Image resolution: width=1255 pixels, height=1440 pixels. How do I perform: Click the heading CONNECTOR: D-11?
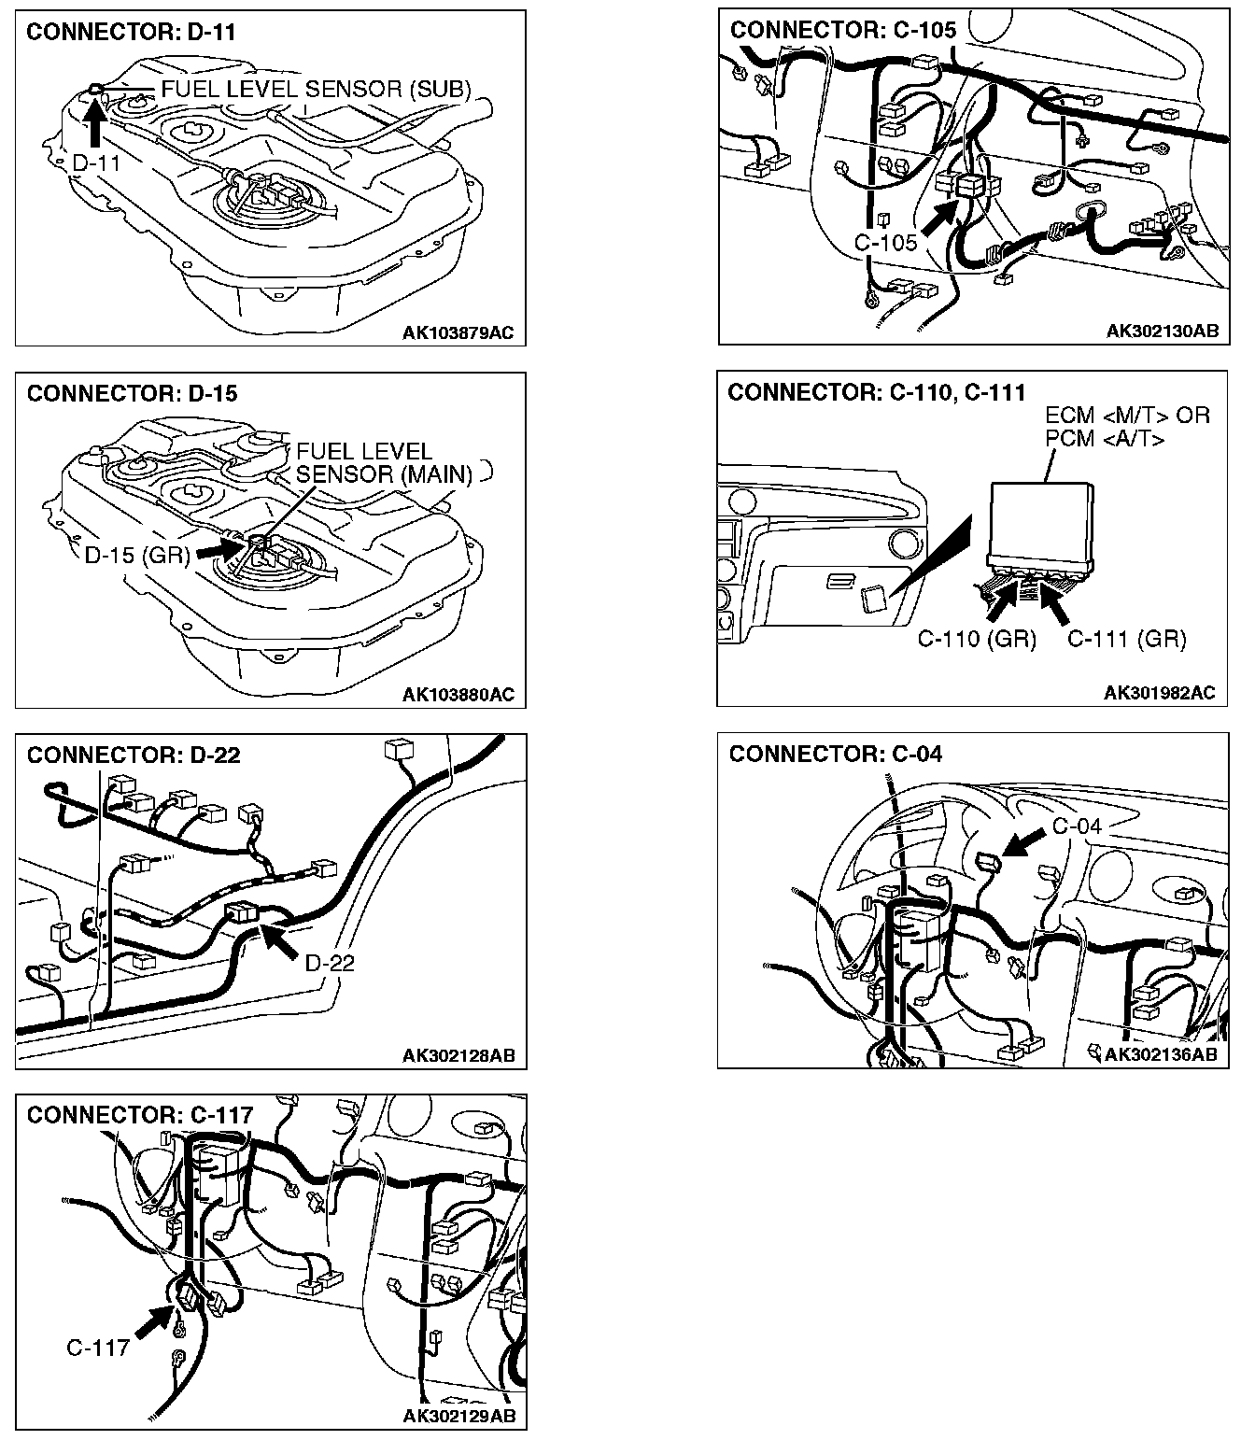132,33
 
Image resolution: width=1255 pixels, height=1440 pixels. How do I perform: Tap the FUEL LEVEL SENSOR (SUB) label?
316,90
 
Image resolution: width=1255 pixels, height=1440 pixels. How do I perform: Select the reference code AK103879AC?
458,332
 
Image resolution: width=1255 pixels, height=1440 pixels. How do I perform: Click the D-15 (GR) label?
136,556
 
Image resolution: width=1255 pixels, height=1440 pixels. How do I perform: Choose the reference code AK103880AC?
458,695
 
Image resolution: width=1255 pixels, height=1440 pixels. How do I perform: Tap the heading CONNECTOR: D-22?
134,755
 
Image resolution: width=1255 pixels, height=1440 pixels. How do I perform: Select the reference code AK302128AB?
458,1056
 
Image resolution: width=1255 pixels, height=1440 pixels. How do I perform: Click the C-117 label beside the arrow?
97,1348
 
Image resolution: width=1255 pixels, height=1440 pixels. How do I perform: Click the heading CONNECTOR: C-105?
843,30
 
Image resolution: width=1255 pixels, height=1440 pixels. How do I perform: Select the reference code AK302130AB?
1162,331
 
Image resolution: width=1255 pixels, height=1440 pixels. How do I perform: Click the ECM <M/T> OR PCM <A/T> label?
1127,427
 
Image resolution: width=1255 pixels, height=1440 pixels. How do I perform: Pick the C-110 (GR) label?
977,639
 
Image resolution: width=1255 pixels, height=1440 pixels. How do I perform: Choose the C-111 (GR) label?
1126,639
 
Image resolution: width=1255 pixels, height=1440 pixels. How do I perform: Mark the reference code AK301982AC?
1159,693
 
